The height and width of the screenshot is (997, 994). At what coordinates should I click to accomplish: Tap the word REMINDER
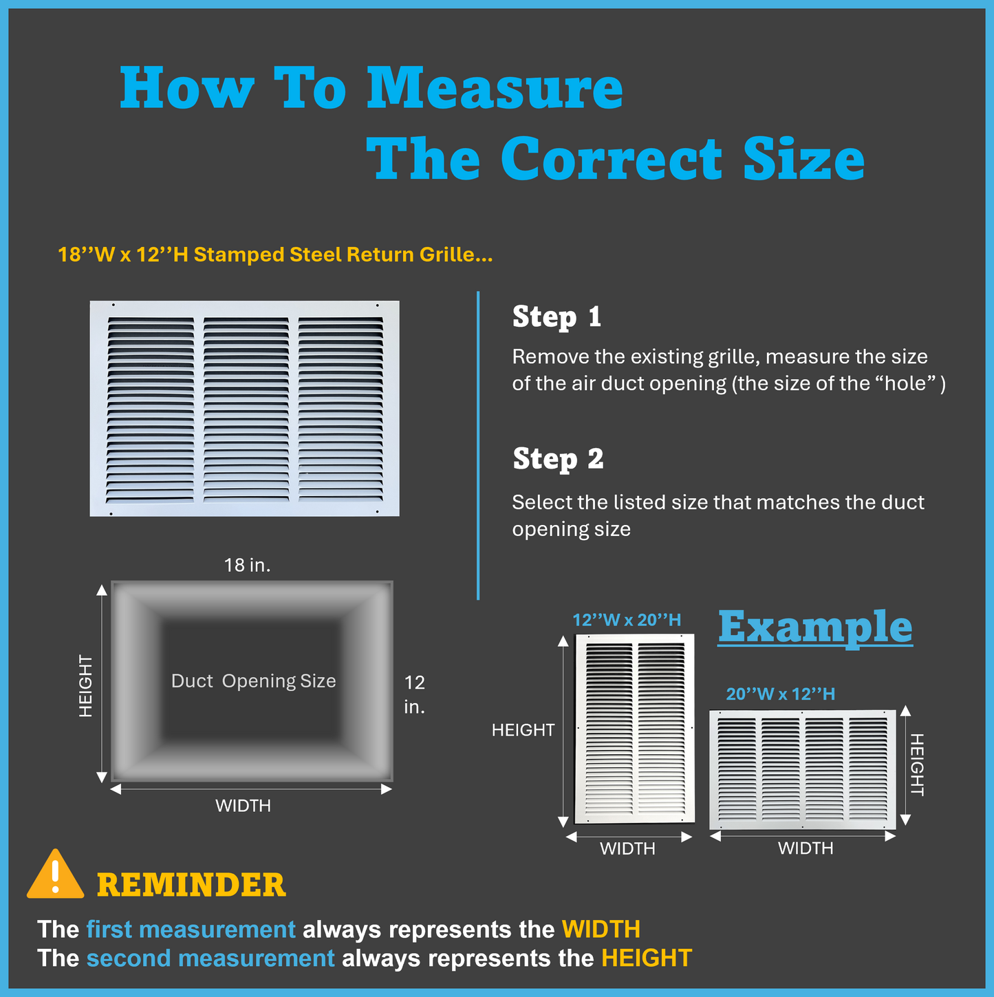pos(191,885)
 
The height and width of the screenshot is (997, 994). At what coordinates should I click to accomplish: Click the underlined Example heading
pos(815,628)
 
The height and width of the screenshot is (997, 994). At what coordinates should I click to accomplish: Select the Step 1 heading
pos(557,316)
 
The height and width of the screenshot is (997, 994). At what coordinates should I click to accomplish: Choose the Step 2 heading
pos(558,458)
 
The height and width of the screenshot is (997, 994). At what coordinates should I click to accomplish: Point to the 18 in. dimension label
pos(248,565)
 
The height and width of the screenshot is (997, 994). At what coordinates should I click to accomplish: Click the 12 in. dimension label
pos(415,695)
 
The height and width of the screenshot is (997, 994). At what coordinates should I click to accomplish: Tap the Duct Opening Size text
pos(254,681)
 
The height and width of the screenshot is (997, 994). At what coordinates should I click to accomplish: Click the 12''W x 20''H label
pos(627,620)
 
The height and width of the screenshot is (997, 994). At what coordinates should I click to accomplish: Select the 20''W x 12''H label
pos(780,694)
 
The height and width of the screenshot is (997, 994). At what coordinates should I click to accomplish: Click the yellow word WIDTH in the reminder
pos(601,929)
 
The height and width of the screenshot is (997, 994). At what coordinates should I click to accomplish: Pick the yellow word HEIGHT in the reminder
pos(647,958)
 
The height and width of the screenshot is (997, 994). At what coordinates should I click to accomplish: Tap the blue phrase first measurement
pos(191,929)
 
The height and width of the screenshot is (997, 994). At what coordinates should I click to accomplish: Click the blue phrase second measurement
pos(210,958)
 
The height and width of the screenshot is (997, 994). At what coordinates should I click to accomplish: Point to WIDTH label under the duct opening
pos(244,806)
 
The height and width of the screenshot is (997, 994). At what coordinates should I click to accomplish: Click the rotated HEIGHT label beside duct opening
pos(85,685)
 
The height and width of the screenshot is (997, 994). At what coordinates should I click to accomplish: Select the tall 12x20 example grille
pos(635,729)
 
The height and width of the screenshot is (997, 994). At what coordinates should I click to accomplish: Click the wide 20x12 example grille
pos(803,769)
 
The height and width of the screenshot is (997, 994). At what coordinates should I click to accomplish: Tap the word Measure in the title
pos(495,88)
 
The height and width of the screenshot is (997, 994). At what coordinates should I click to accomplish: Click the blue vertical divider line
pos(478,445)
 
